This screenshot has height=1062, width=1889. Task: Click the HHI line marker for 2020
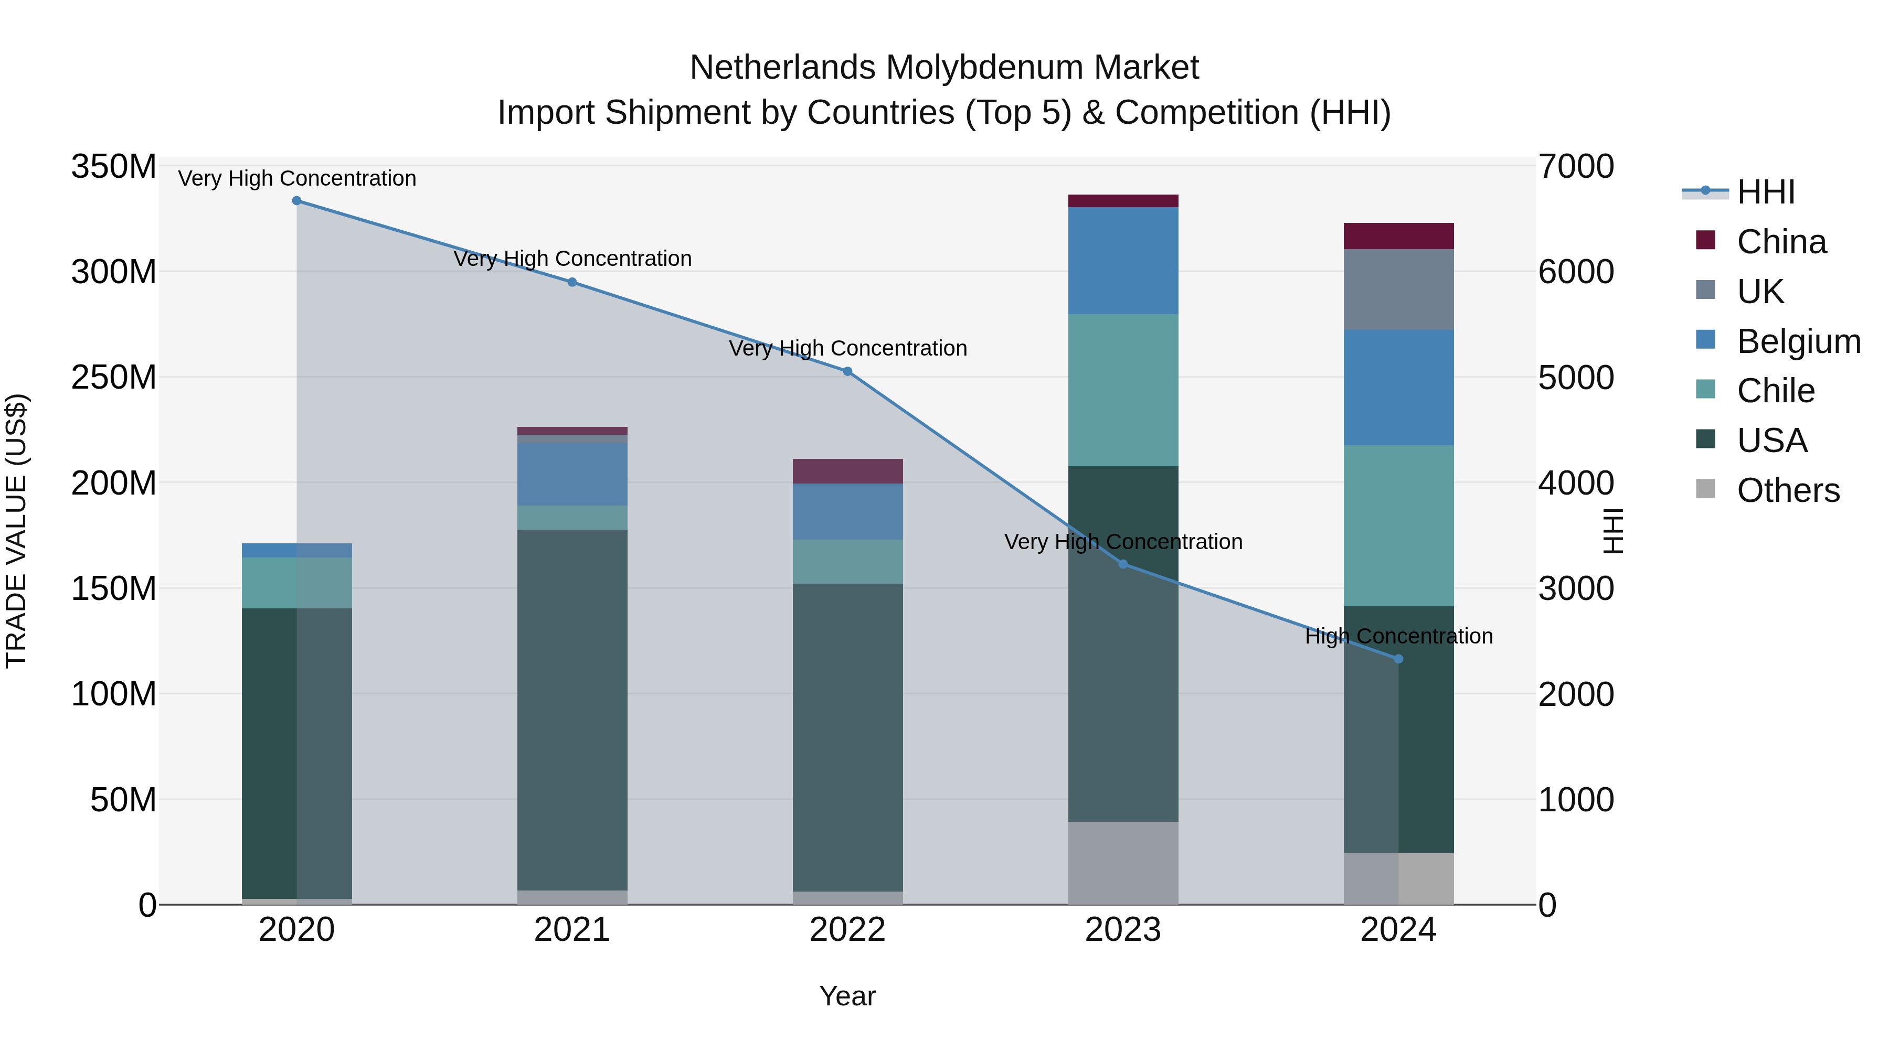coord(297,201)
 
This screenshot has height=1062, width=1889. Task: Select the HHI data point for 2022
coord(848,372)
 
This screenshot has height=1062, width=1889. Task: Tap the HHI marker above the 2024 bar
coord(1398,659)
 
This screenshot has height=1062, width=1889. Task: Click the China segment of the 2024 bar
coord(1398,236)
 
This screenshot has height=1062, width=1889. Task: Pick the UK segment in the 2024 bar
coord(1398,289)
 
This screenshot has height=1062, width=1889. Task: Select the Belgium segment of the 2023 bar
coord(1123,261)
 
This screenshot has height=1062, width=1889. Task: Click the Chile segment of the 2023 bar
coord(1123,390)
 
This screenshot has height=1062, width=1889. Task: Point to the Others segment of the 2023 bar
coord(1123,863)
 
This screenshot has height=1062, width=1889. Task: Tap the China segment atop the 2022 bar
coord(848,471)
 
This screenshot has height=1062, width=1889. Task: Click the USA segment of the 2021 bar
coord(572,710)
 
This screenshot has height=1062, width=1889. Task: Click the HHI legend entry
coord(1766,192)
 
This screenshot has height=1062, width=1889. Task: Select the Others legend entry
coord(1787,490)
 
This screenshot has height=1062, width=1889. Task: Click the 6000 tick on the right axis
coord(1576,272)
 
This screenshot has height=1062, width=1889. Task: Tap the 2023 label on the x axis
coord(1123,930)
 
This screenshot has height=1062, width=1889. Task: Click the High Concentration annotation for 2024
coord(1398,636)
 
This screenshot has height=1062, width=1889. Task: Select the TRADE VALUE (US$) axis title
coord(16,531)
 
